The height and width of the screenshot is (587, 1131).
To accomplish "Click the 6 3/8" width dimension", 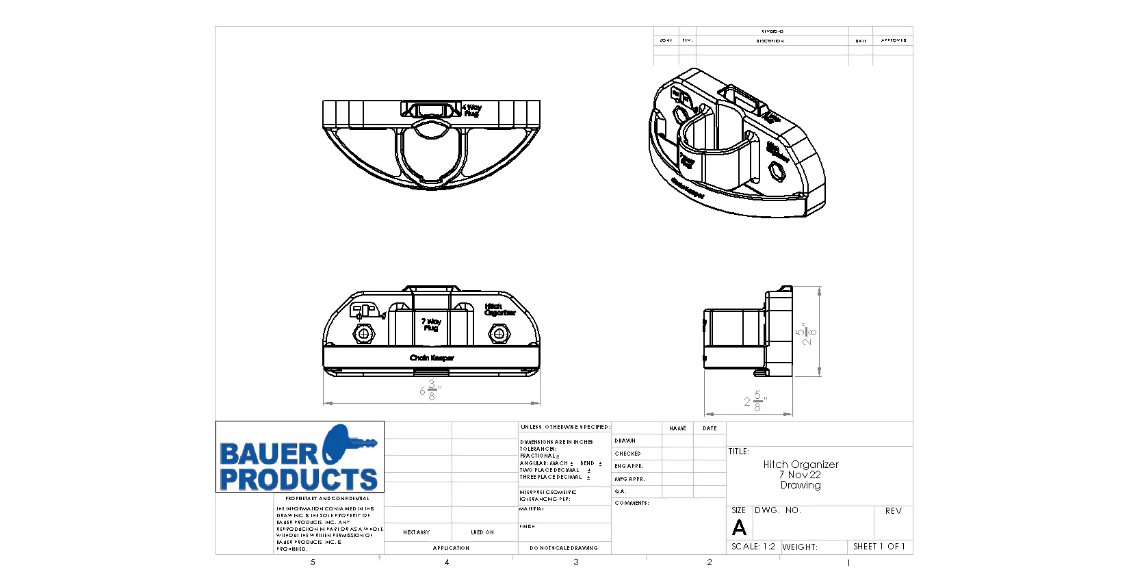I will [430, 391].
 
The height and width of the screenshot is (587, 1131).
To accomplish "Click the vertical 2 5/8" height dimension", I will [807, 333].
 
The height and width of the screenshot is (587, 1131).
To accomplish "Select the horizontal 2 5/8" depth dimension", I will [755, 401].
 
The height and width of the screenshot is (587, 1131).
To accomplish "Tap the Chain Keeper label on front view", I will [432, 358].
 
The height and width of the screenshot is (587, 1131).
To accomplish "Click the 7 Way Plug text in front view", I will [430, 324].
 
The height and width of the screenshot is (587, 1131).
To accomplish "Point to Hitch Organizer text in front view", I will [499, 310].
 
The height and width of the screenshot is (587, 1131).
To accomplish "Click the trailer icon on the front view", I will [365, 311].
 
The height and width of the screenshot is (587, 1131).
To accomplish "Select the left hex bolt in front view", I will [363, 335].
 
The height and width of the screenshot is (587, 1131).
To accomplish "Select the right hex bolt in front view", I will [499, 335].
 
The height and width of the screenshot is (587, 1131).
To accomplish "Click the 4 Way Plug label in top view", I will [471, 110].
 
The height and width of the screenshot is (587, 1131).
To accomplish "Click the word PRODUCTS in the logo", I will [298, 479].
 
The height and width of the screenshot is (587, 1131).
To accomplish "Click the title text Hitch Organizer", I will [801, 465].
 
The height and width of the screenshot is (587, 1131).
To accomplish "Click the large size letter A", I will [739, 528].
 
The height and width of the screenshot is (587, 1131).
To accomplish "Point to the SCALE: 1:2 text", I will [753, 547].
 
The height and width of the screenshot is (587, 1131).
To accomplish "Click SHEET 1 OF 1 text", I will [879, 547].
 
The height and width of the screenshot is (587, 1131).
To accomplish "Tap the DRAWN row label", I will [625, 441].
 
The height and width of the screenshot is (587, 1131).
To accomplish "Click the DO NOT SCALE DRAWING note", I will [563, 548].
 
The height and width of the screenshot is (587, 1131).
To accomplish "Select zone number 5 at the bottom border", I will [313, 562].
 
